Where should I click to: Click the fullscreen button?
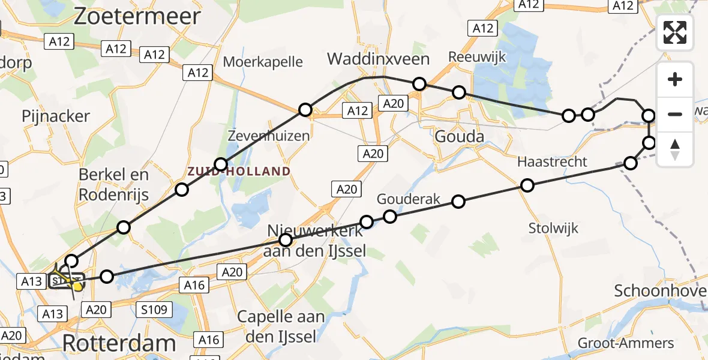tap(675, 32)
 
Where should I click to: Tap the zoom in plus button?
tap(675, 79)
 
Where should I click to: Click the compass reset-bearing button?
tap(675, 149)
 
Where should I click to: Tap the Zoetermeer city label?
tap(137, 16)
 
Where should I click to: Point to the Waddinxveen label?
tap(378, 59)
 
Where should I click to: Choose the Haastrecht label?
tap(552, 162)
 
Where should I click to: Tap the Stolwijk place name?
tap(553, 228)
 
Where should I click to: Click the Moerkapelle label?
tap(263, 61)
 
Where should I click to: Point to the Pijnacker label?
tap(56, 116)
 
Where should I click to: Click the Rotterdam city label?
tap(119, 344)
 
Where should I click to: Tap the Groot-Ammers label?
tap(626, 343)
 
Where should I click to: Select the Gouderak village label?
tap(409, 199)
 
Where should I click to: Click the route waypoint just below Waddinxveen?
tap(419, 84)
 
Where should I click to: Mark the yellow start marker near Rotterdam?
tap(77, 286)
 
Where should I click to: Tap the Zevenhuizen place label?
tap(269, 136)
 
